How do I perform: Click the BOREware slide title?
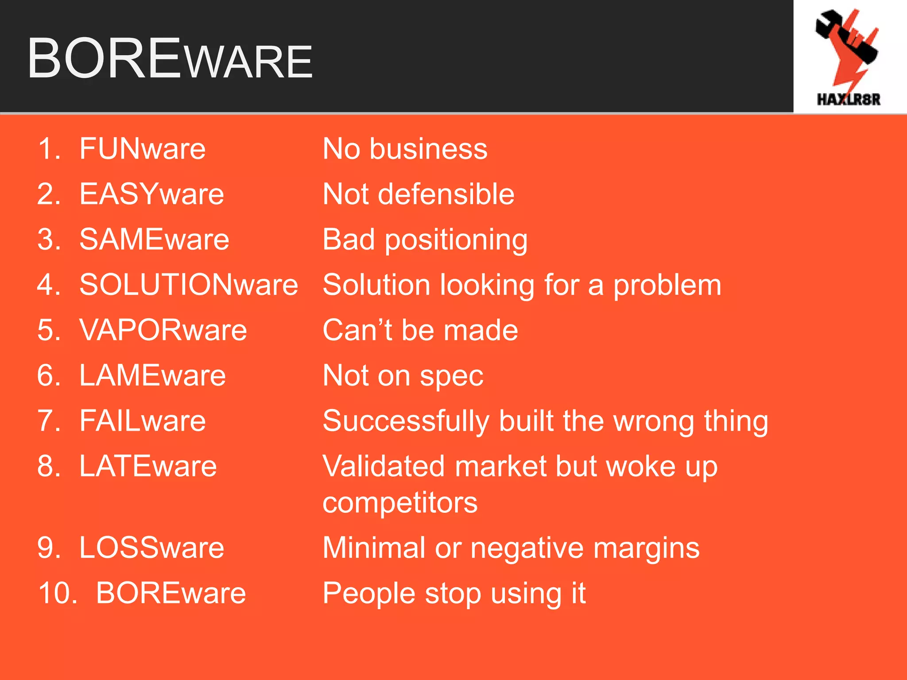coord(170,59)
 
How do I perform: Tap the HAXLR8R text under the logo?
coord(849,99)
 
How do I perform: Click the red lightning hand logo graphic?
coord(847,46)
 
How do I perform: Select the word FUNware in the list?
coord(143,149)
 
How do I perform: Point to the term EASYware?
coord(152,194)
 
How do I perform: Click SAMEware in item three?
coord(154,240)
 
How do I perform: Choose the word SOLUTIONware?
coord(189,285)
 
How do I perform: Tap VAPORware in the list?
coord(163,330)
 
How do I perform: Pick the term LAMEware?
coord(152,376)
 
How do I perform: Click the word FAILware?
coord(143,421)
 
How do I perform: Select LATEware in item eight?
coord(148,466)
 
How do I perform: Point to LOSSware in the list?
coord(152,548)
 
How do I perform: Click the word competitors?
coord(400,503)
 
